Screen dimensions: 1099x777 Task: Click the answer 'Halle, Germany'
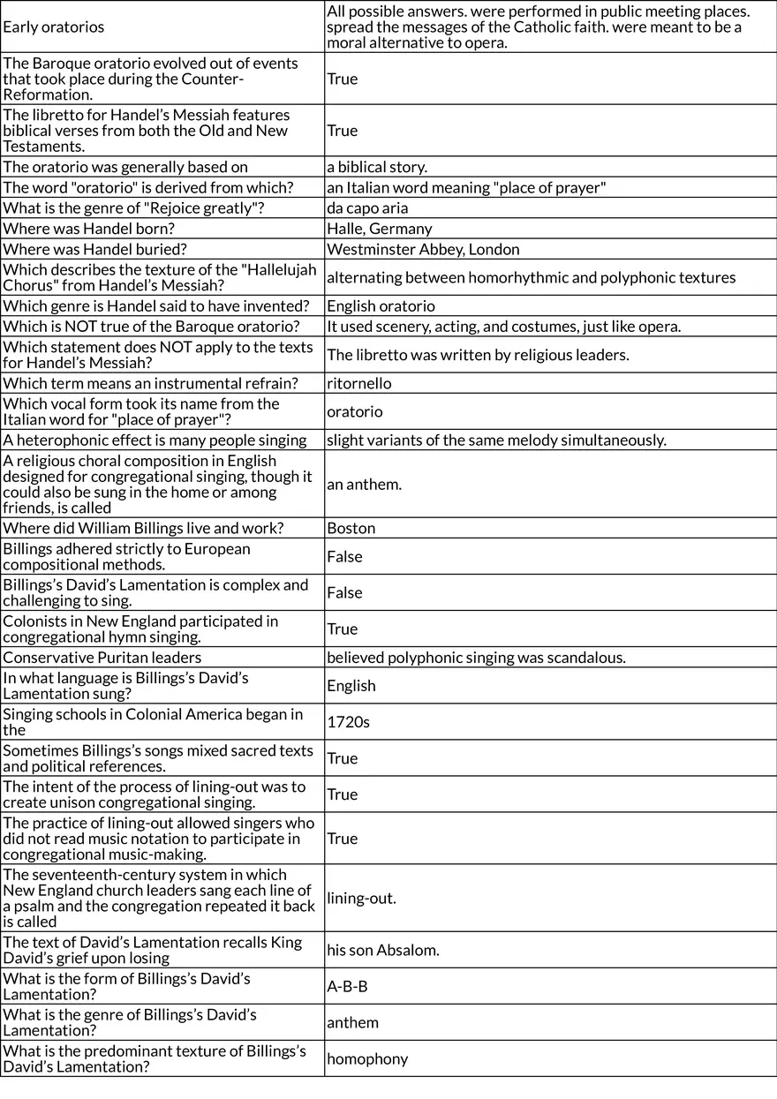point(380,229)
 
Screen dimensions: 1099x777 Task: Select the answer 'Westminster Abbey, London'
point(423,250)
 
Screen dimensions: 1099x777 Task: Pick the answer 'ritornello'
point(358,383)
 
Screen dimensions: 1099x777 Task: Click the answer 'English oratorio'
point(381,306)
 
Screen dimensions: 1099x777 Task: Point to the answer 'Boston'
point(351,528)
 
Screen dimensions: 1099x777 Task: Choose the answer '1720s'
point(348,722)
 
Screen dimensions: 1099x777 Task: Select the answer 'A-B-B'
point(347,986)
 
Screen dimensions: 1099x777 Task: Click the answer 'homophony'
point(367,1058)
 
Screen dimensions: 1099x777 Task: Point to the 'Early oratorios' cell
point(54,26)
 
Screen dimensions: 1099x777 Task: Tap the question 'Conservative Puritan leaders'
point(102,658)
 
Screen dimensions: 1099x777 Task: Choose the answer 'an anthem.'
point(364,484)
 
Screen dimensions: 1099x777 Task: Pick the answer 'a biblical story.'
point(377,167)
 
